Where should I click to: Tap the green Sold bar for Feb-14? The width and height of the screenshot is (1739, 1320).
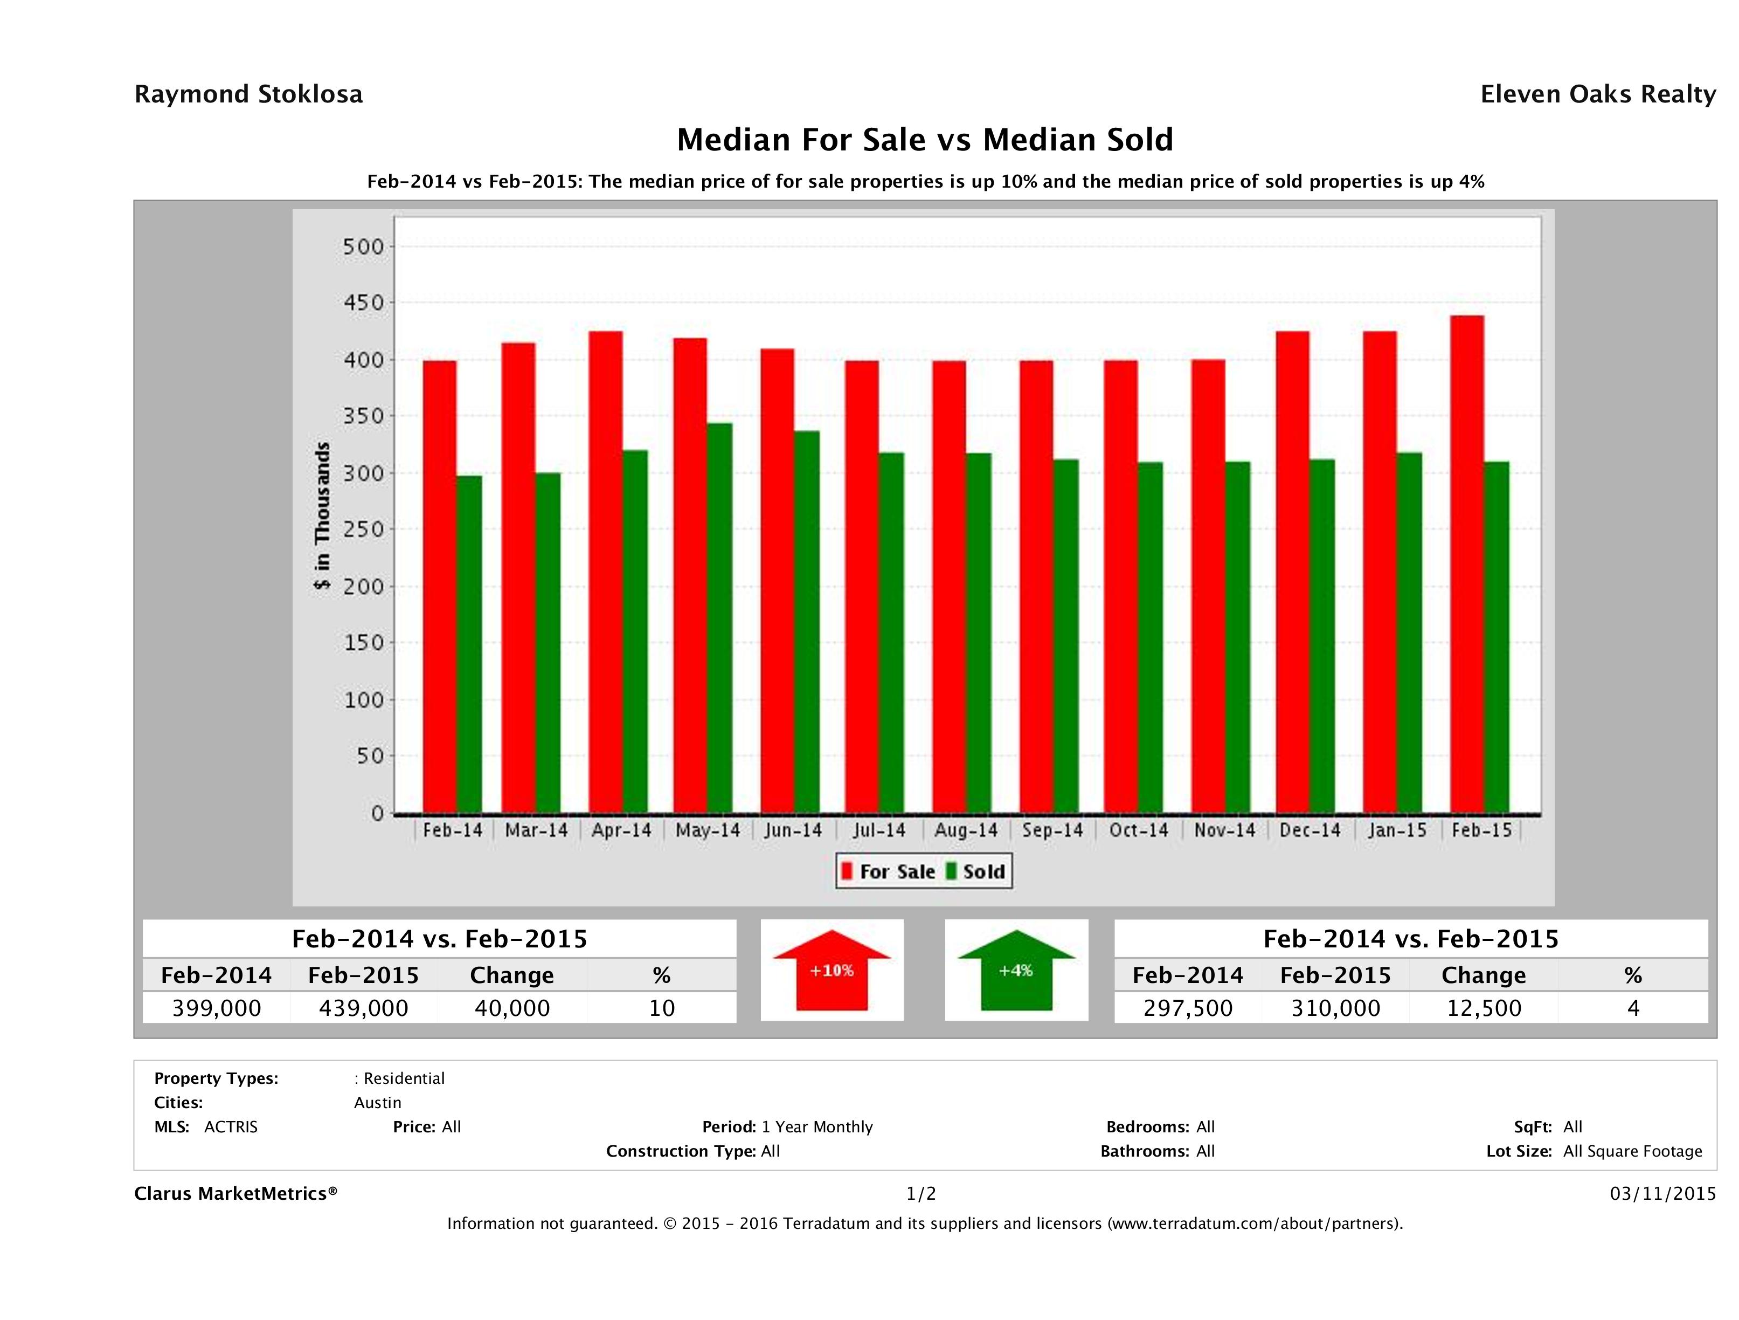pos(468,644)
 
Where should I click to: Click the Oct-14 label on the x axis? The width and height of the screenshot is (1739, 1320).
pos(1138,831)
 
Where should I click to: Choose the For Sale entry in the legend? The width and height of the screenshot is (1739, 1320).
pos(889,871)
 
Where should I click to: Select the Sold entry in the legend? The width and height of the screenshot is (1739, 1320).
pos(975,871)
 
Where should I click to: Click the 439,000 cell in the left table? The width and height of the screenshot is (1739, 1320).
pos(363,1008)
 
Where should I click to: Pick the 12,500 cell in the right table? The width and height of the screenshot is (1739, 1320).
pos(1484,1008)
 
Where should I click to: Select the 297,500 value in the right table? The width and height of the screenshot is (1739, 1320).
pos(1188,1008)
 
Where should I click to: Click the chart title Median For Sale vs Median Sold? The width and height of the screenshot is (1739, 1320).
pos(925,140)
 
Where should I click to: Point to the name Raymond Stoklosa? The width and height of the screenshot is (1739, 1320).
pos(248,94)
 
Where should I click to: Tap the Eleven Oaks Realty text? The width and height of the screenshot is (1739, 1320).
pos(1597,94)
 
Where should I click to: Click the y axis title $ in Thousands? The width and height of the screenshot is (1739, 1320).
pos(322,516)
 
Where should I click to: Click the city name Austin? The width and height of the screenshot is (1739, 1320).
pos(377,1103)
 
